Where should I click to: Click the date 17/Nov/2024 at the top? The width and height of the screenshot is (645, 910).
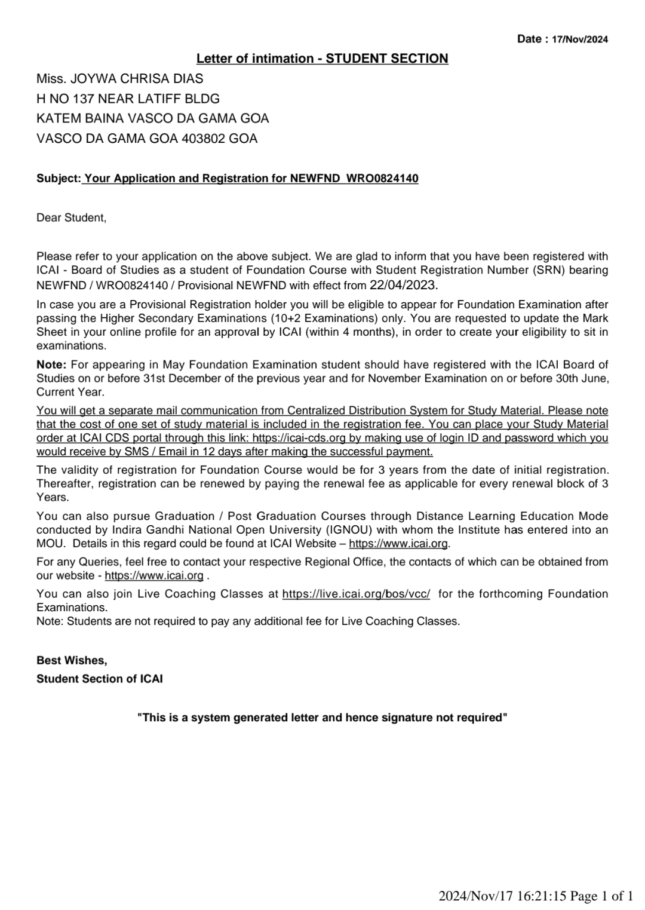579,39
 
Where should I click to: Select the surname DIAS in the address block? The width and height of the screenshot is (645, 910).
190,79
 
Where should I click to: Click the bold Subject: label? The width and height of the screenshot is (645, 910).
59,179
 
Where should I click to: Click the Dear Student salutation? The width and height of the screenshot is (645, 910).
71,218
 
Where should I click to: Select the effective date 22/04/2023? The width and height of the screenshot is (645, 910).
404,284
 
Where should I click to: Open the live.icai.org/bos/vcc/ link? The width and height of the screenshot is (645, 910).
356,594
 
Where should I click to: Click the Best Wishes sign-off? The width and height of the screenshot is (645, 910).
72,661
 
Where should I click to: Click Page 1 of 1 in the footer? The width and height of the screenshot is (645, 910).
601,896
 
